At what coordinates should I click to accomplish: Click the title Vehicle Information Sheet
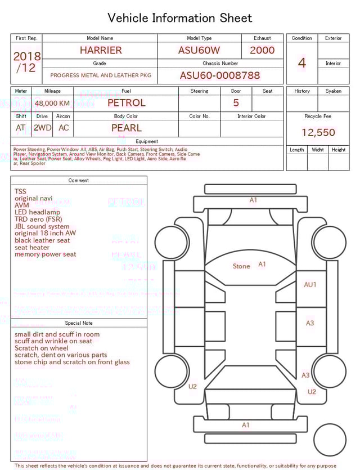tap(180, 18)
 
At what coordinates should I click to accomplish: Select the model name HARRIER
tap(101, 50)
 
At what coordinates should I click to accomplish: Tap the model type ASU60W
tap(199, 50)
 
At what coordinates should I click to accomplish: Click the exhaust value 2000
tap(262, 50)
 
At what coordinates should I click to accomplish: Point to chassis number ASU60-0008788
tap(220, 75)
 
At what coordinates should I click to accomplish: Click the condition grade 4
tap(301, 63)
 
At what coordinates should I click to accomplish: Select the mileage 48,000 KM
tap(52, 104)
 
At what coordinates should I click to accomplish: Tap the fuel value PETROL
tap(127, 103)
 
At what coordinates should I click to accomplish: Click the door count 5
tap(236, 103)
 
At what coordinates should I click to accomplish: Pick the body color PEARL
tap(127, 128)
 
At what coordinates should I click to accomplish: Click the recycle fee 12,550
tap(318, 133)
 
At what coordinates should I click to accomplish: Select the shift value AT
tap(21, 128)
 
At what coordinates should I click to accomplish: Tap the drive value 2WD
tap(42, 128)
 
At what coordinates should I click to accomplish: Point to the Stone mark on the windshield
tap(241, 266)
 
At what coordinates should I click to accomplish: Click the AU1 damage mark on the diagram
tap(310, 285)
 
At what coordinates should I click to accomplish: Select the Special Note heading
tap(79, 323)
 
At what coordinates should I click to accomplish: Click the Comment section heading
tap(79, 181)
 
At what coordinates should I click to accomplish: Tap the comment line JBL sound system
tap(42, 226)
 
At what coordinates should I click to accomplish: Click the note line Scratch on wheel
tap(42, 348)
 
